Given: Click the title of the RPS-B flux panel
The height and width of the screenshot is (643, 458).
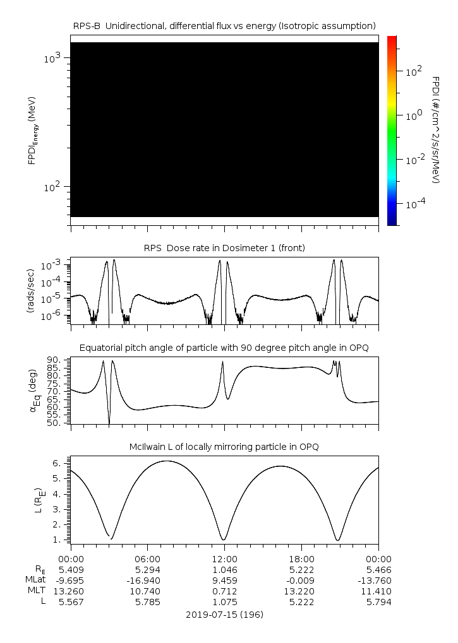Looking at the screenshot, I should click(224, 25).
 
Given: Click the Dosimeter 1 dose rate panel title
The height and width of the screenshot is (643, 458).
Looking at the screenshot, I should click(224, 248).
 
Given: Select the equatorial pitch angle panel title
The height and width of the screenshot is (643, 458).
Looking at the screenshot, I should click(224, 348).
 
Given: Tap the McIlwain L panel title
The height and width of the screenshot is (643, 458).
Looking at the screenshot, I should click(224, 447).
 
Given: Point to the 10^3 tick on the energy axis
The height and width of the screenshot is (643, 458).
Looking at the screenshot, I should click(54, 58).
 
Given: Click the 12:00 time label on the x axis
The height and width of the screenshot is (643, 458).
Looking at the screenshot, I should click(224, 558).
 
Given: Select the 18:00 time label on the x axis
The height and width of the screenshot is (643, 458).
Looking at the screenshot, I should click(301, 558).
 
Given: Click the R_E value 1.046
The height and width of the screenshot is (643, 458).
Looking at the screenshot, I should click(224, 569).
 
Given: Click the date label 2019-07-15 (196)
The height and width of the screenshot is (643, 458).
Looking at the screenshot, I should click(224, 614).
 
